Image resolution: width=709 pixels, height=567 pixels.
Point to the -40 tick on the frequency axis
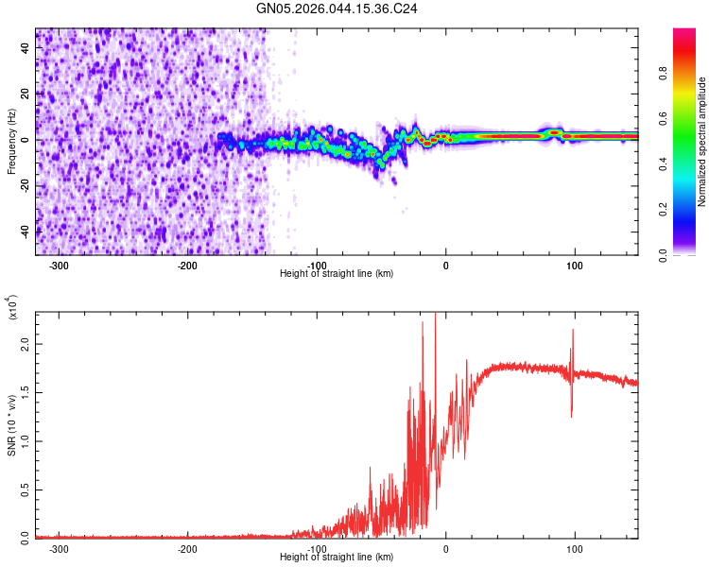[x=26, y=231]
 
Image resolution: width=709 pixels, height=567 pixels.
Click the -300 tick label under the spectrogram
[x=59, y=265]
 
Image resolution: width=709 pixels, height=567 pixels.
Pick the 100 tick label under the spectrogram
[x=574, y=265]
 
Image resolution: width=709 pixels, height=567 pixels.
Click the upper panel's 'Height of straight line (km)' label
[x=337, y=274]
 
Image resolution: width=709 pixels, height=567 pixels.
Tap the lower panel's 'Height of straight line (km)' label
[x=337, y=558]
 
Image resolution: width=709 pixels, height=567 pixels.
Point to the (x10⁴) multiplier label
[x=12, y=308]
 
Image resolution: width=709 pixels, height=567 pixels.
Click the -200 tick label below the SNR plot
[x=187, y=548]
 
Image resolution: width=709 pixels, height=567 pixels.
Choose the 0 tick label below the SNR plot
[x=446, y=548]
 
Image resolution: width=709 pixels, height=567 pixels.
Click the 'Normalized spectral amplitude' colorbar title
[x=702, y=143]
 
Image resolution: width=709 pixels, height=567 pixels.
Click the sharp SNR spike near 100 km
[x=573, y=331]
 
